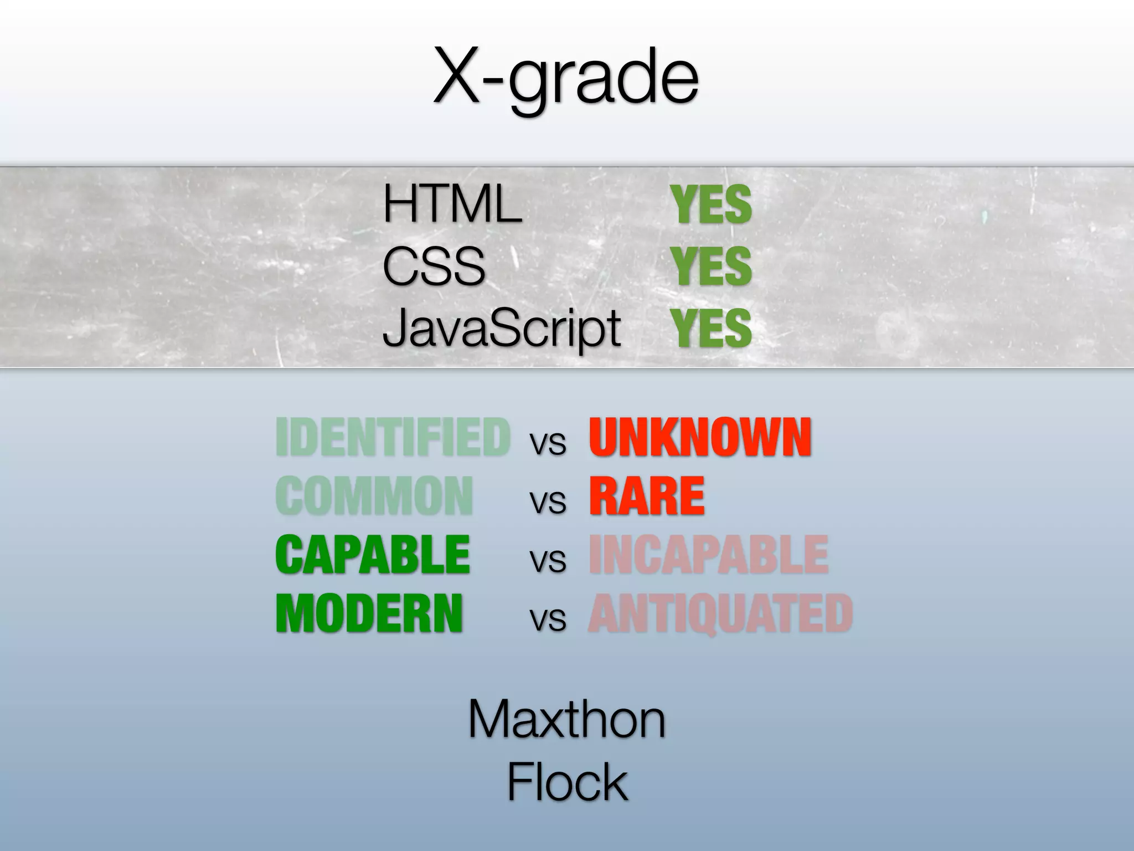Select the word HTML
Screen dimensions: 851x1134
pos(452,204)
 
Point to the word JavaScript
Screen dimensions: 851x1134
pos(501,327)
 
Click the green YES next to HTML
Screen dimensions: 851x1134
pos(712,205)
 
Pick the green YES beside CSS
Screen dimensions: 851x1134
pos(712,266)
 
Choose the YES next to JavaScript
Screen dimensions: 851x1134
pos(712,327)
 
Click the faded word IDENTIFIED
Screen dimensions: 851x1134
pos(393,438)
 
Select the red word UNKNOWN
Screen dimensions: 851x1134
pos(700,438)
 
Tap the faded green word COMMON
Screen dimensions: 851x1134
pos(374,496)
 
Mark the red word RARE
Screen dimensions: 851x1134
pos(647,496)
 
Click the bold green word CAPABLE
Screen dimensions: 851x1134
pos(373,555)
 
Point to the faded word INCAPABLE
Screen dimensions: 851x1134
pos(708,555)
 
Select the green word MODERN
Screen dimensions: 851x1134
pos(369,614)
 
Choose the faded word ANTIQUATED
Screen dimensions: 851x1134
pos(720,614)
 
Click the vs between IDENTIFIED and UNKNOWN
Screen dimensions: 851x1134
pos(548,444)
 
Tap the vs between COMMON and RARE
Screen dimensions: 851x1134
pos(548,502)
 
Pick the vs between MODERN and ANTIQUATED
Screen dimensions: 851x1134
pos(548,619)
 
